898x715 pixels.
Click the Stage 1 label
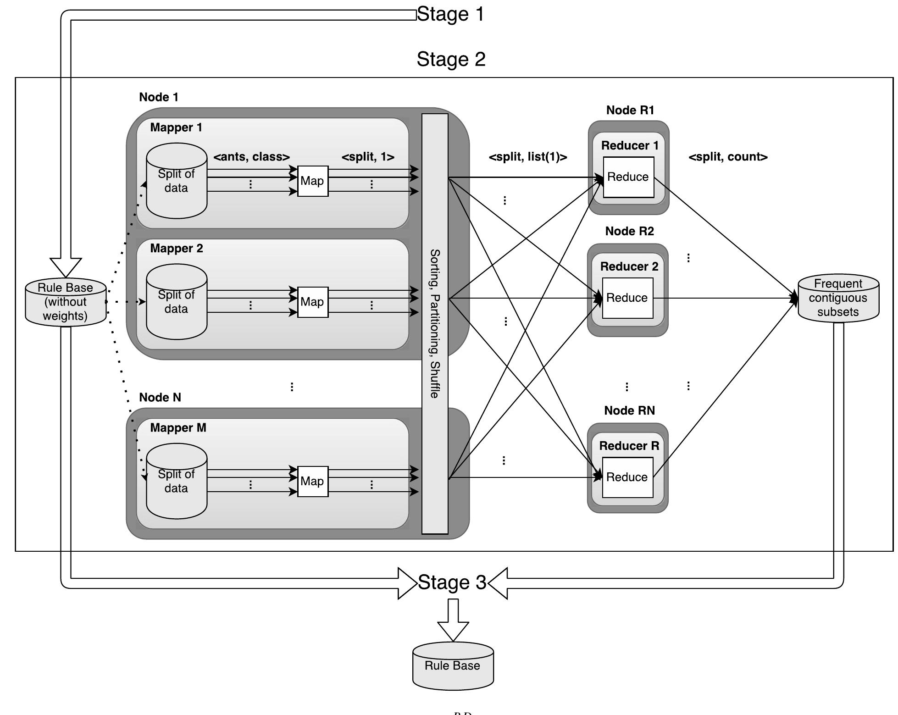coord(450,14)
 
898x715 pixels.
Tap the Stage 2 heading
coord(451,60)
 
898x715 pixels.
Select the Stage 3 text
coord(452,582)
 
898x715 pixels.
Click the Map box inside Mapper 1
coord(313,181)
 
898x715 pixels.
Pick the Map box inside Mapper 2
coord(313,302)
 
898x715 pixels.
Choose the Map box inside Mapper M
coord(313,482)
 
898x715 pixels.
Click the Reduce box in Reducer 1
coord(628,177)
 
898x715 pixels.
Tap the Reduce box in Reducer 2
coord(627,298)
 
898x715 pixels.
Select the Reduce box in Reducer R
coord(627,477)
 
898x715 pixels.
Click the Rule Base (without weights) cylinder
coord(66,302)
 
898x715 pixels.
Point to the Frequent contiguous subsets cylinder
coord(838,298)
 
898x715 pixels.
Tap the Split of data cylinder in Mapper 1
coord(177,181)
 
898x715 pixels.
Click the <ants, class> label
coord(251,157)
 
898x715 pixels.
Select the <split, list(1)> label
coord(528,157)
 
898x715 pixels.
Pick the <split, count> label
coord(728,157)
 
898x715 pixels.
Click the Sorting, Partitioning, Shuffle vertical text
coord(435,323)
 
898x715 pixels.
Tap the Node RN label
coord(629,410)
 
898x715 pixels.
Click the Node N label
coord(160,398)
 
